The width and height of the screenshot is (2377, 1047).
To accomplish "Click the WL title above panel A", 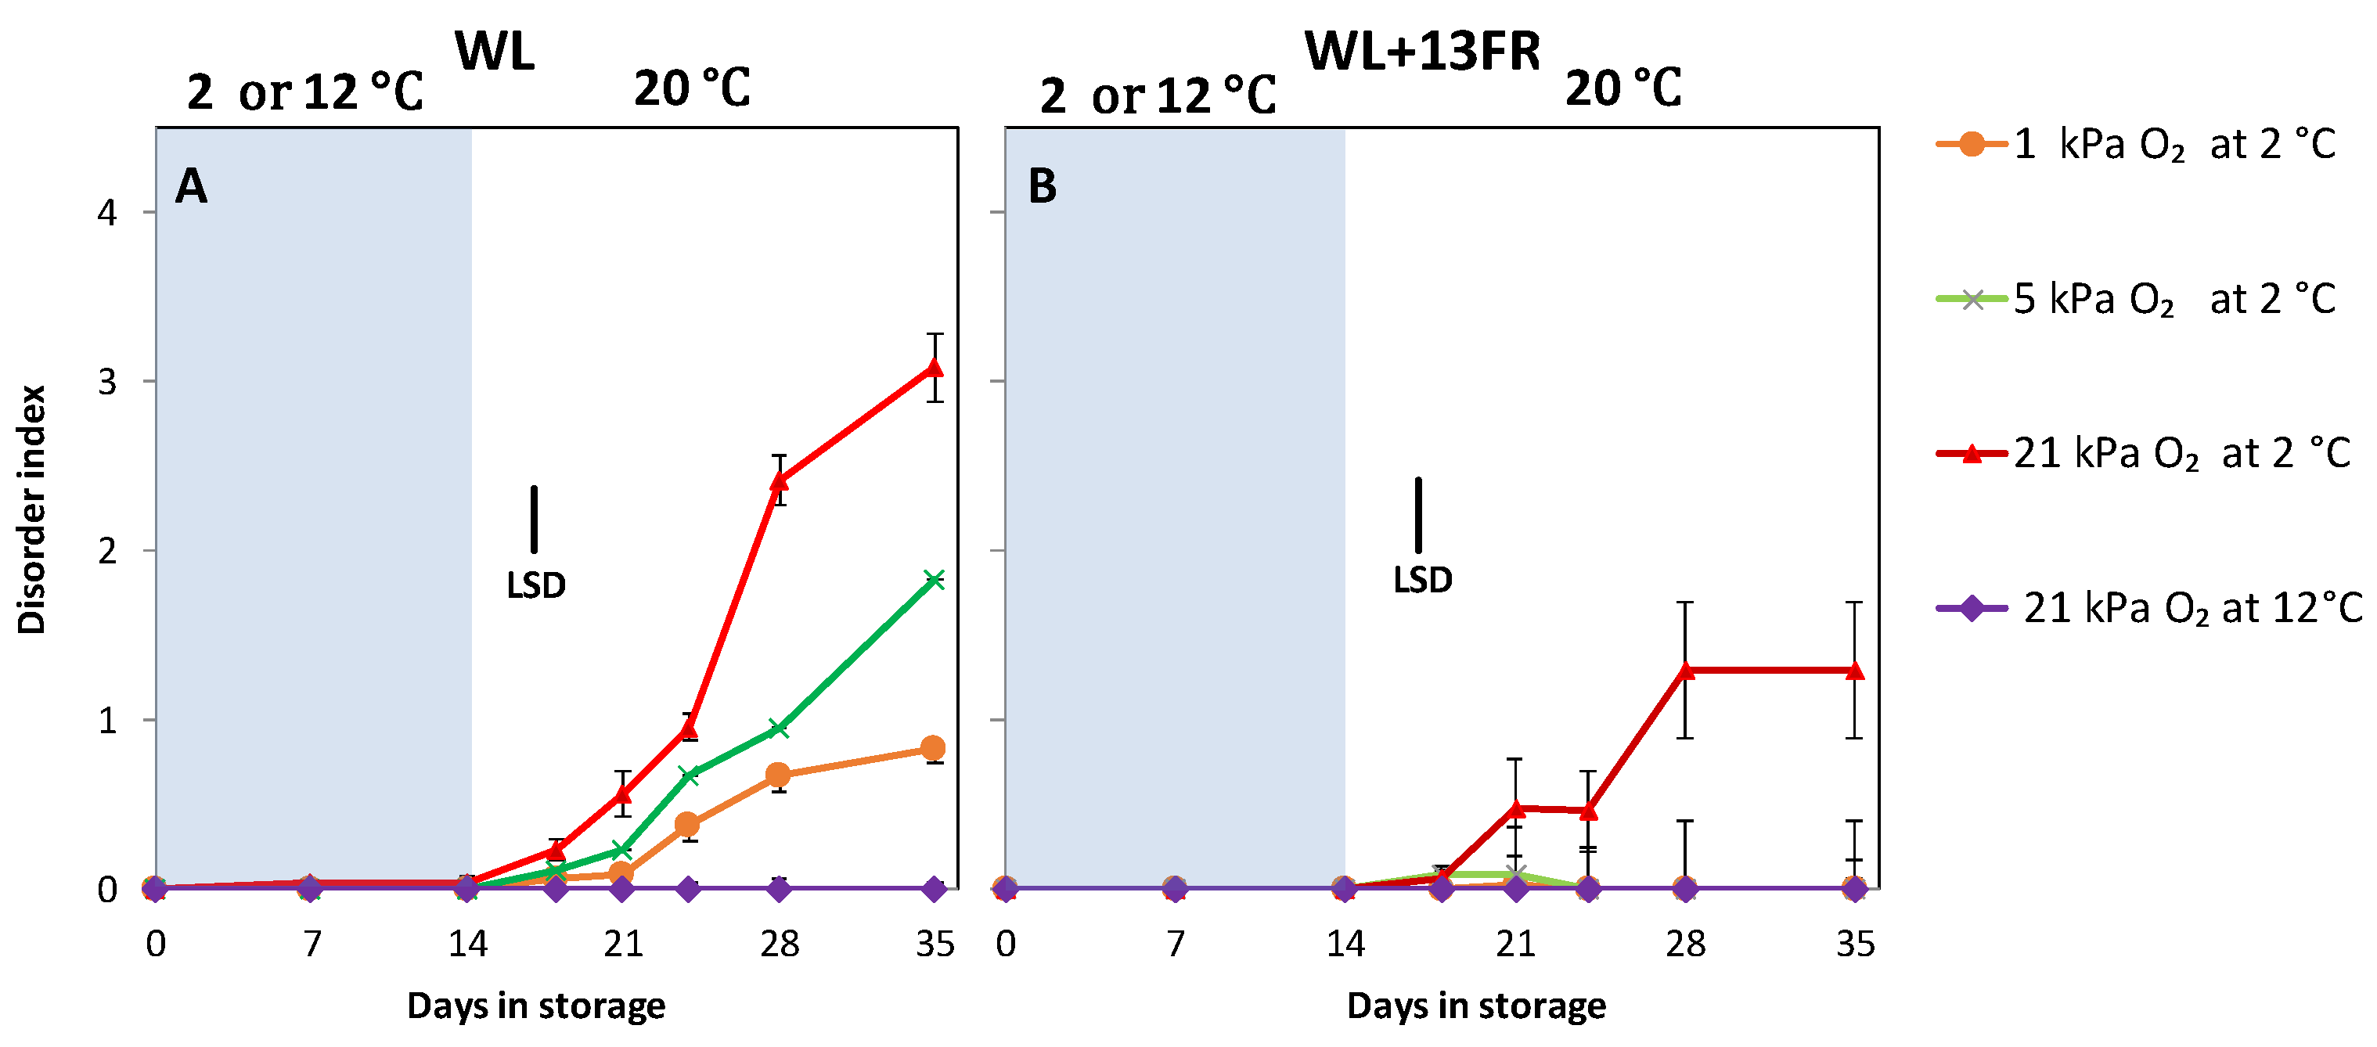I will pos(495,51).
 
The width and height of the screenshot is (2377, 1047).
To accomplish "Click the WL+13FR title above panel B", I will pos(1422,51).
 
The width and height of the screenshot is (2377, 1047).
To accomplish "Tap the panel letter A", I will pos(191,186).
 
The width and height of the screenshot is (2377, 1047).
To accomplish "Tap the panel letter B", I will pos(1042,186).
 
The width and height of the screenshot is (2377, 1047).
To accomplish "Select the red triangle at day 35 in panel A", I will pos(934,367).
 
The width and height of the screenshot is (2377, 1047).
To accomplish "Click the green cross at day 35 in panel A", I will pos(934,579).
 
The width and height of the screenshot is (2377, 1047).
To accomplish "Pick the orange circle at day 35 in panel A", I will pos(933,747).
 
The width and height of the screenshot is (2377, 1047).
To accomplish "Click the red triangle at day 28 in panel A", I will pos(779,480).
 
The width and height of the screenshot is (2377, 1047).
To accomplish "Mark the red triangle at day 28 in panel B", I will pos(1685,670).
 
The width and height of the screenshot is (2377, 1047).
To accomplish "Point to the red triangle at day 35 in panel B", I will pos(1854,670).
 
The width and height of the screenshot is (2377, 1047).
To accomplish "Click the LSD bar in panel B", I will pos(1418,515).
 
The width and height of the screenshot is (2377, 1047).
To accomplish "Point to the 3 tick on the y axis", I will pos(107,382).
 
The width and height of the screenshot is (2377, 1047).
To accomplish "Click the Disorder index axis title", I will pos(32,509).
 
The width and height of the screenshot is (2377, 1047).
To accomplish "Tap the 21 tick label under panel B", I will pos(1515,944).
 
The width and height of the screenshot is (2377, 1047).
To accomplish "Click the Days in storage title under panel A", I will pos(535,1006).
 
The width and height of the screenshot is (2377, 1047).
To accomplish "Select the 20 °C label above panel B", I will pos(1623,89).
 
